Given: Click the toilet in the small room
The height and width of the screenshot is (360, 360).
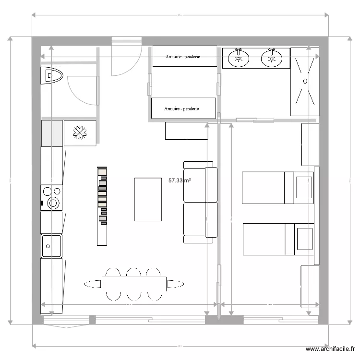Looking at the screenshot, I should point(52,76).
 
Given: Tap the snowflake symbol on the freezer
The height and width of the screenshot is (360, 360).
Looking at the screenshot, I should point(80,132).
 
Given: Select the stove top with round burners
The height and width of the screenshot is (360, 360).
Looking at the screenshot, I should point(52,198).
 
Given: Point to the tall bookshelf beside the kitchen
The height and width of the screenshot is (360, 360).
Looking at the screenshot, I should point(101,206).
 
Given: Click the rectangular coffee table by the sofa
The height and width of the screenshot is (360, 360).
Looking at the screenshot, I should point(148,199).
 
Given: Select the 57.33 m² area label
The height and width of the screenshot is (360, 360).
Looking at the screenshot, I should point(180,180).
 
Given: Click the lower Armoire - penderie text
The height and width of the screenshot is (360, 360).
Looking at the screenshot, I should point(182,109).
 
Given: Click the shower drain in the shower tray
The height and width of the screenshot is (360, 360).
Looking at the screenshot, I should point(304,81).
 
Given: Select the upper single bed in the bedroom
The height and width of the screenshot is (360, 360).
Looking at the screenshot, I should point(269,187).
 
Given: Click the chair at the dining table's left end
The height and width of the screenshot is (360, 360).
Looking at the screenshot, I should point(93,284).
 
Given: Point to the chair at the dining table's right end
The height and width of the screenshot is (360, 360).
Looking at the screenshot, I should point(175,284).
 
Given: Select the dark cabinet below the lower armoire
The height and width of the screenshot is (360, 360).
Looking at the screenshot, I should point(186,131).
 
